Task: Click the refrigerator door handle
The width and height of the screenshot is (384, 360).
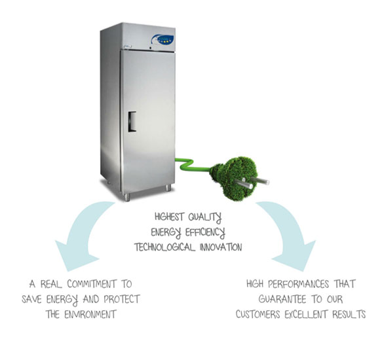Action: point(132,122)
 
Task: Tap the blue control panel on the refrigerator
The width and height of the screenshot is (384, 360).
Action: point(163,39)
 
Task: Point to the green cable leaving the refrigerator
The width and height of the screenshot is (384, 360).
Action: point(193,165)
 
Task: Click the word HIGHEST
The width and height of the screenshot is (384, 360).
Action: point(169,217)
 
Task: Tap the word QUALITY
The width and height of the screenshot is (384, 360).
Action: point(204,217)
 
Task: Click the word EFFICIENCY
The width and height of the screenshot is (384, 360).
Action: point(205,232)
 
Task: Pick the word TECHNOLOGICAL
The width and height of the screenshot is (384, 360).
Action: point(165,247)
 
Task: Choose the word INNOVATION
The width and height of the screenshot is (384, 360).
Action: point(221,247)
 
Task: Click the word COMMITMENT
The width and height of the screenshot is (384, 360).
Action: point(92,284)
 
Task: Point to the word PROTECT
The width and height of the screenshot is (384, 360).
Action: point(122,299)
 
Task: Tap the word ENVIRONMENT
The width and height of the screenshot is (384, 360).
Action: point(90,314)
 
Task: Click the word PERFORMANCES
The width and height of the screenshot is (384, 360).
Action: point(298,284)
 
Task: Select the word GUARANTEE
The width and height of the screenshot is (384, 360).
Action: point(282,299)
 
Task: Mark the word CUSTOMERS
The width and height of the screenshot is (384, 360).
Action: point(258,314)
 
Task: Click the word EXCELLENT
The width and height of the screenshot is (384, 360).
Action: point(306,314)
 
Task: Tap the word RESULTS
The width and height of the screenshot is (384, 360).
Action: point(349,314)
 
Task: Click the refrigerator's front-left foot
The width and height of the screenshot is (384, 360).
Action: point(127,197)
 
